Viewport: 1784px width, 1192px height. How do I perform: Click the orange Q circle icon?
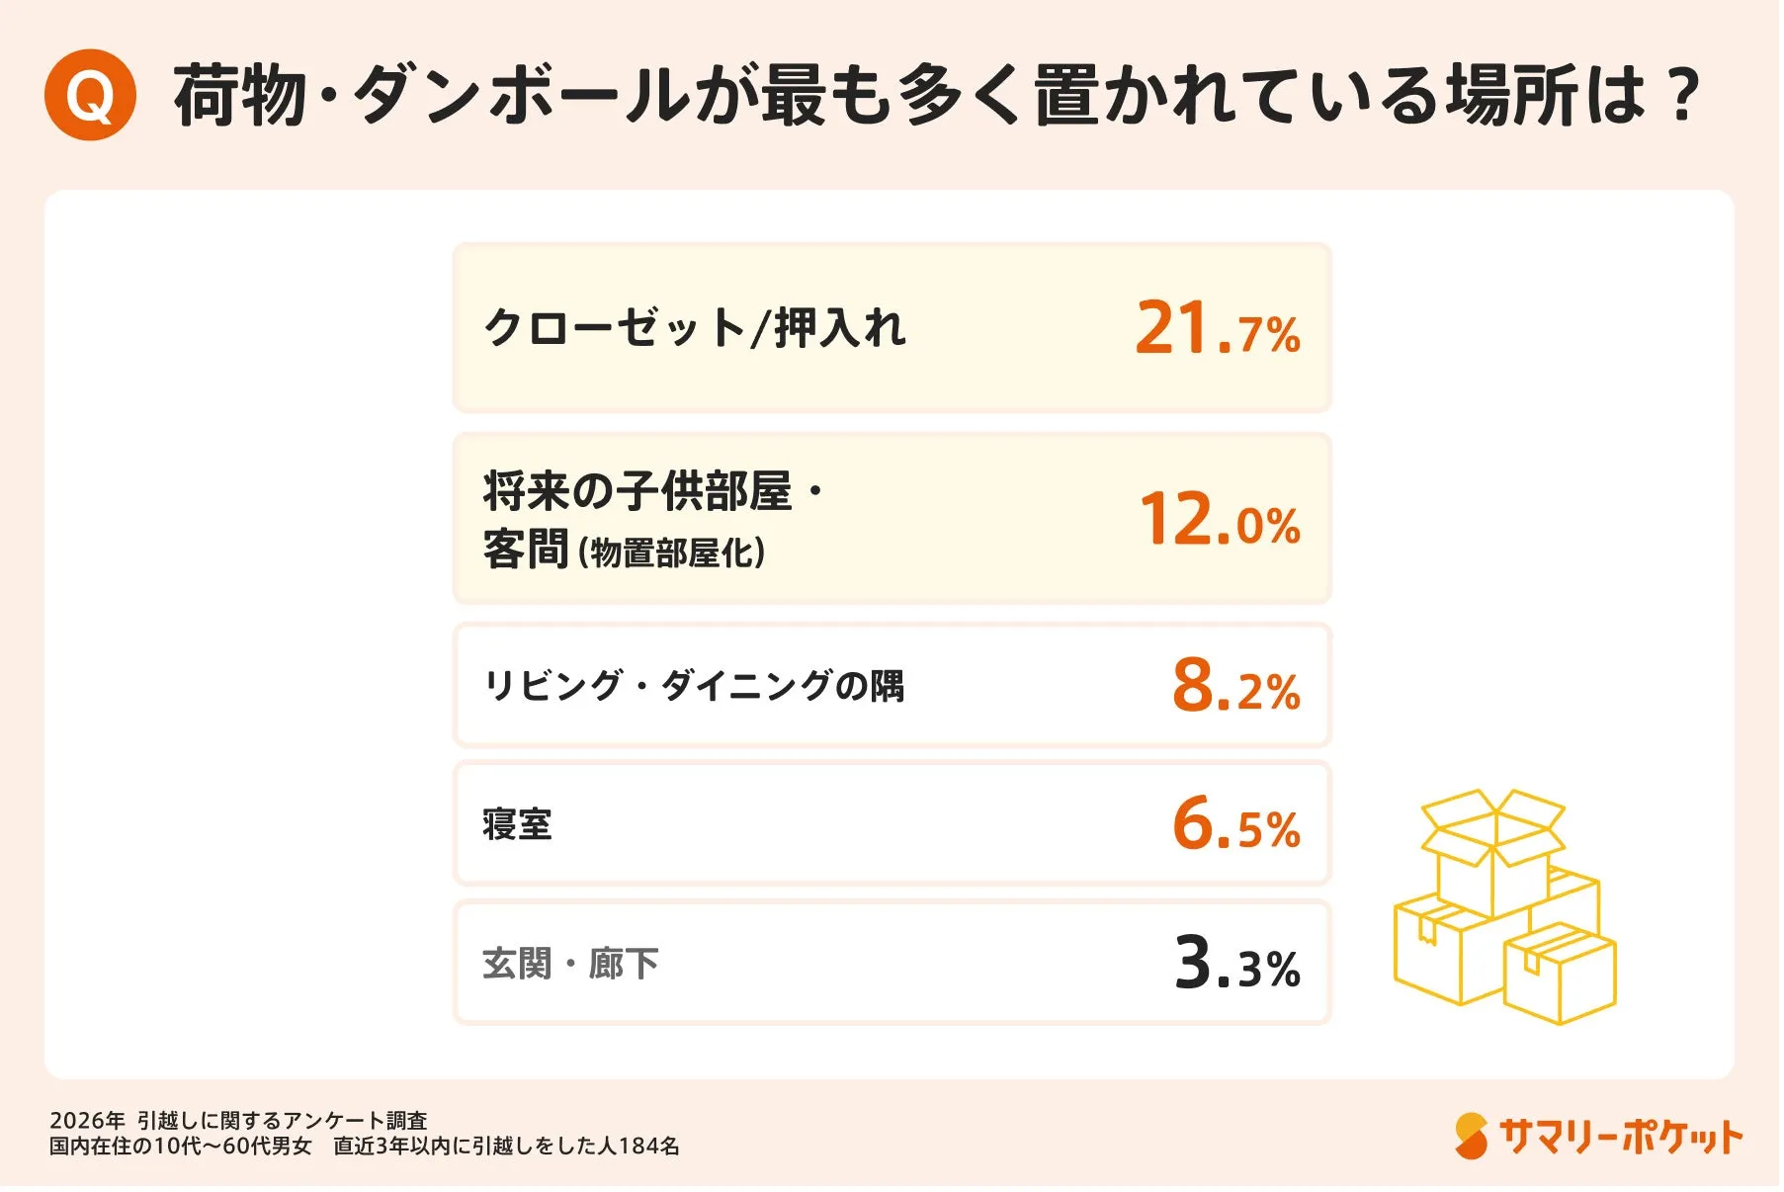(90, 95)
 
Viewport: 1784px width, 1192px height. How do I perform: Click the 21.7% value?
(1217, 328)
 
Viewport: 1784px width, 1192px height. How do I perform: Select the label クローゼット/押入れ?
(694, 328)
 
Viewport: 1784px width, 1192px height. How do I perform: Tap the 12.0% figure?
(1219, 520)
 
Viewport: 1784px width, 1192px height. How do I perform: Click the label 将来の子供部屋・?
(652, 491)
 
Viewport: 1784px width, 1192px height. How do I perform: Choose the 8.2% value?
(1235, 686)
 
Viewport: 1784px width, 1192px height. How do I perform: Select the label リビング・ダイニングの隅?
(694, 686)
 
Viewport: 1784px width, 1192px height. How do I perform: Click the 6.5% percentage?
(1235, 824)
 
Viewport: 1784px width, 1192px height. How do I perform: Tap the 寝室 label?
(517, 824)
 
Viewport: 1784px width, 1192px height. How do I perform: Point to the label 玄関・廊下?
(570, 964)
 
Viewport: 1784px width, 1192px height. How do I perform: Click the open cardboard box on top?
(1492, 850)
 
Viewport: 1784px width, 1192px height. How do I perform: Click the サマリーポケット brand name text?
(1620, 1137)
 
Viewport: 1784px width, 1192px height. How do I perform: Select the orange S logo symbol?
(1471, 1137)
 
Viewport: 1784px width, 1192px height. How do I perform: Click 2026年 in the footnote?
(87, 1121)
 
